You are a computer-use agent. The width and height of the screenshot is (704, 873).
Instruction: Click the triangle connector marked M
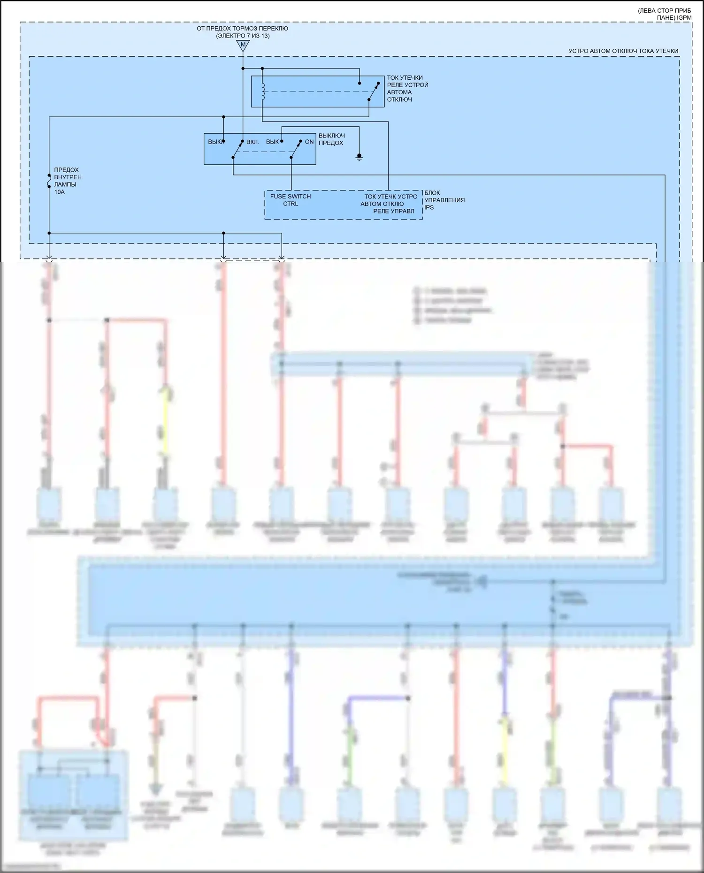click(243, 46)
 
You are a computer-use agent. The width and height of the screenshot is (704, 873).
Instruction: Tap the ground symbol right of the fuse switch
click(359, 157)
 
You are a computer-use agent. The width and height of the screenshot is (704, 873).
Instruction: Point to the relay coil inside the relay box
click(263, 92)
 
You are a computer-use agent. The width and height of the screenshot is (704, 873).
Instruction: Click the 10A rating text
click(60, 192)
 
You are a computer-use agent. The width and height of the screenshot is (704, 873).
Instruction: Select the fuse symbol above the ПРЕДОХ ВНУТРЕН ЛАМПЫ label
click(49, 181)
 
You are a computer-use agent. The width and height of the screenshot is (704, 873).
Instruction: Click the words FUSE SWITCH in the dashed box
click(290, 196)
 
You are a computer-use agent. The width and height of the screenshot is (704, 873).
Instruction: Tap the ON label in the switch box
click(309, 142)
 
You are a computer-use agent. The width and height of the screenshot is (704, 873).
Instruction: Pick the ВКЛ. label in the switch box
click(253, 142)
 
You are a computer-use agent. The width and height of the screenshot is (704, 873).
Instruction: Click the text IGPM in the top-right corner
click(684, 18)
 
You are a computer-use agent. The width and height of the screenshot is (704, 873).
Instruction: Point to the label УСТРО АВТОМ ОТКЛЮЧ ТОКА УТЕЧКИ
click(623, 51)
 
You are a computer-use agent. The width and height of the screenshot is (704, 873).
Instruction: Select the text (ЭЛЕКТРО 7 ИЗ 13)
click(243, 36)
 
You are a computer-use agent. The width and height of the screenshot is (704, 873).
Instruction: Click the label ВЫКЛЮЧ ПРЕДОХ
click(331, 139)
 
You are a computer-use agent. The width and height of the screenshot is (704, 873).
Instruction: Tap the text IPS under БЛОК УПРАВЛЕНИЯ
click(429, 207)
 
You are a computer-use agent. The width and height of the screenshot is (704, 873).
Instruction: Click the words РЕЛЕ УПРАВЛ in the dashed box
click(394, 211)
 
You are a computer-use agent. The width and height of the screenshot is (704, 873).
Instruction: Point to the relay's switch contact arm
click(374, 91)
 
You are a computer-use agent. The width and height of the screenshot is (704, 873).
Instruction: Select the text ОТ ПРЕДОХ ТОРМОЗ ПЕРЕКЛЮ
click(242, 29)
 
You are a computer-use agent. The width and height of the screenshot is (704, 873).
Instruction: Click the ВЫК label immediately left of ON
click(272, 142)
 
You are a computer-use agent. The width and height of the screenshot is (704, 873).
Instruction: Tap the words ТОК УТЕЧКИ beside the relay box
click(405, 78)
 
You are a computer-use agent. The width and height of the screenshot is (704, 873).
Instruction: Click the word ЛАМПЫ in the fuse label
click(65, 184)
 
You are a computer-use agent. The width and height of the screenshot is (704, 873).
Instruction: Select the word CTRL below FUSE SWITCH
click(291, 204)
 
